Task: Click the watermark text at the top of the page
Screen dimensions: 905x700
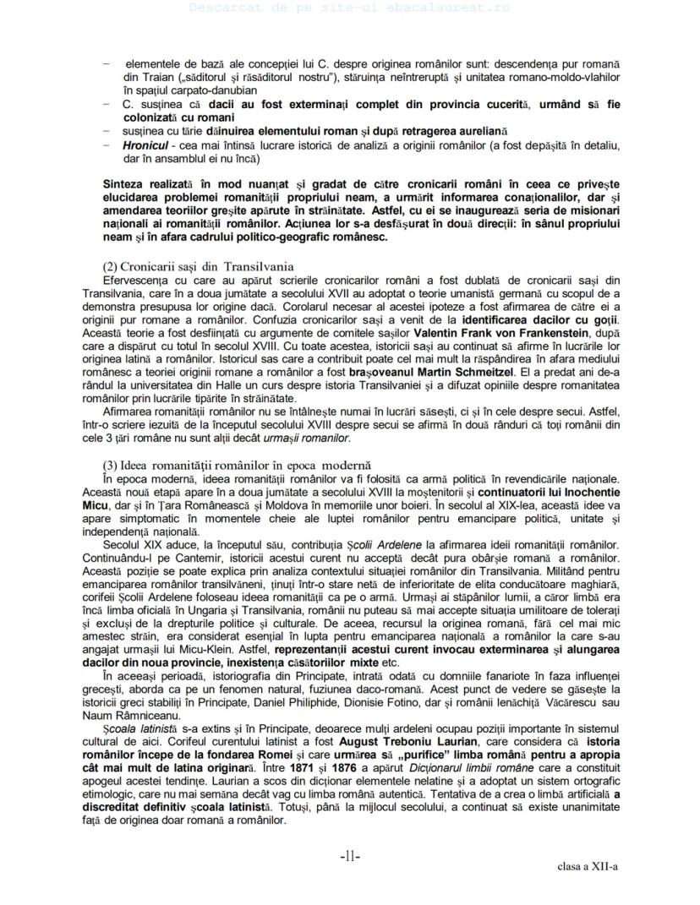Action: (349, 8)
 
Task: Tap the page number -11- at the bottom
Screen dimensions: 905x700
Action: (350, 857)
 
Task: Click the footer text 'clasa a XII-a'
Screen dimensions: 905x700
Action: (588, 866)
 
